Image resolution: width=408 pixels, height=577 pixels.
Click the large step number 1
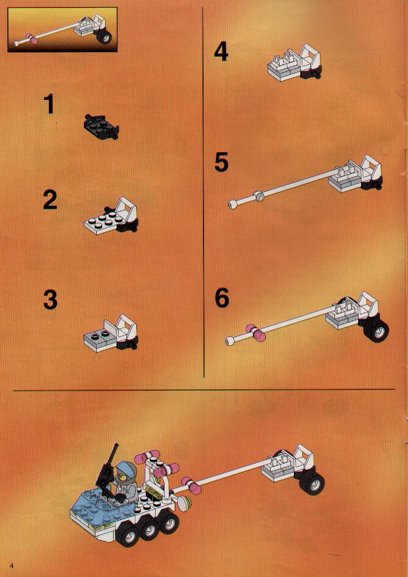pyautogui.click(x=49, y=104)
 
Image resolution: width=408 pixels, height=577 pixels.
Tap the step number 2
pyautogui.click(x=50, y=200)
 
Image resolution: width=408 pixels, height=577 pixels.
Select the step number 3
pyautogui.click(x=50, y=300)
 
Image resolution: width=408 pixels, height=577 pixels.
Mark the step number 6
pyautogui.click(x=222, y=298)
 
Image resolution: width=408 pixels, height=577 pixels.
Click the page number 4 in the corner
pyautogui.click(x=12, y=566)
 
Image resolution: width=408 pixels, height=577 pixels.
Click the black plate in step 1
pyautogui.click(x=101, y=127)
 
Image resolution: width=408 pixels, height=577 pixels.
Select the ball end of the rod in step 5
pyautogui.click(x=233, y=204)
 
